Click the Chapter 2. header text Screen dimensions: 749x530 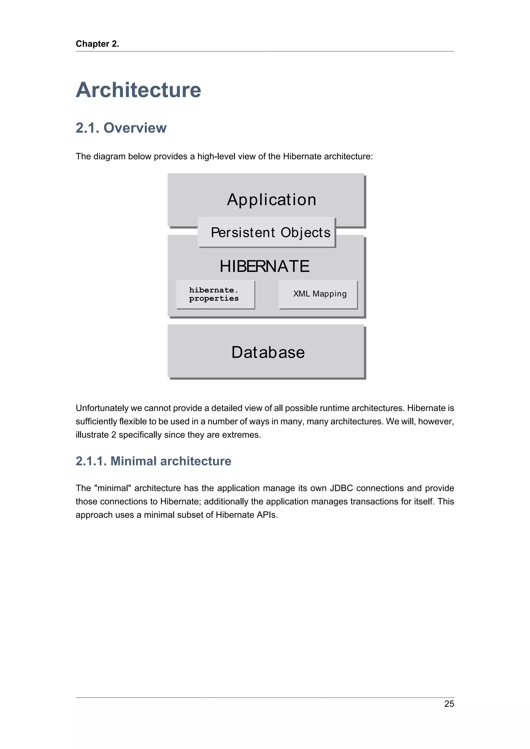(97, 44)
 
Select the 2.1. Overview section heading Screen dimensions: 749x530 (121, 128)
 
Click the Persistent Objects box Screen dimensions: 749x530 (267, 232)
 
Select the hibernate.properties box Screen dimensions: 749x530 (215, 294)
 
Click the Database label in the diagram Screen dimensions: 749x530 (268, 352)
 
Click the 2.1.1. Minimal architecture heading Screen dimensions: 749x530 (153, 461)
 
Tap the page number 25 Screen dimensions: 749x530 (449, 704)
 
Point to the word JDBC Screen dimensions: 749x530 (341, 488)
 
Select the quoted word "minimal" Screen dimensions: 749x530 (113, 488)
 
